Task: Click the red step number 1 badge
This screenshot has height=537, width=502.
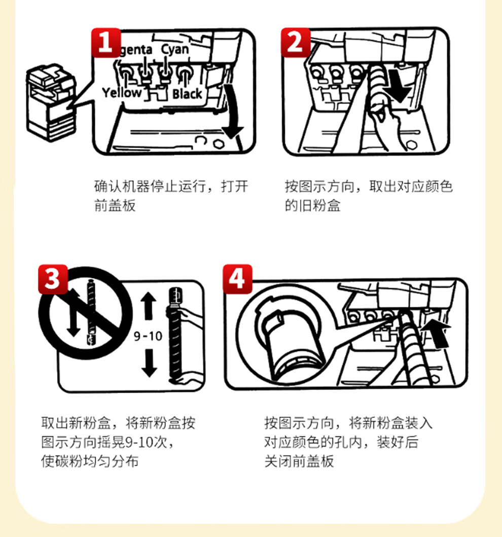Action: pyautogui.click(x=106, y=43)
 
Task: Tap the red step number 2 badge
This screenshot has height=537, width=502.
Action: pyautogui.click(x=296, y=43)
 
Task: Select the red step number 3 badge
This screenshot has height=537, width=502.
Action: pyautogui.click(x=53, y=279)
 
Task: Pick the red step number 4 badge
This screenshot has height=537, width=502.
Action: pyautogui.click(x=237, y=279)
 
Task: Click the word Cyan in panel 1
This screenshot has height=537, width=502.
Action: pyautogui.click(x=175, y=49)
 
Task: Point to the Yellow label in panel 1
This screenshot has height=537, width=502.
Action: pyautogui.click(x=122, y=92)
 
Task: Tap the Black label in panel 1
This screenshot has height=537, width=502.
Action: pyautogui.click(x=187, y=94)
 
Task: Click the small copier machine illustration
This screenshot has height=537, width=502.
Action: pyautogui.click(x=51, y=102)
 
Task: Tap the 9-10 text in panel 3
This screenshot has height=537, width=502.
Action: pyautogui.click(x=148, y=336)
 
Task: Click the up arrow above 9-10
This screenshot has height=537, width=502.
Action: pyautogui.click(x=148, y=306)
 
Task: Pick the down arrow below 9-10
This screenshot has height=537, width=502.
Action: pyautogui.click(x=149, y=363)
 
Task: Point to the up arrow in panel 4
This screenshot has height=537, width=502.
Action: pyautogui.click(x=437, y=334)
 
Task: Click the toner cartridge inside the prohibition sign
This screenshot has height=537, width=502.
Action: pyautogui.click(x=90, y=312)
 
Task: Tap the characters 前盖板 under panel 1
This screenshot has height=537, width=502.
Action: pyautogui.click(x=115, y=205)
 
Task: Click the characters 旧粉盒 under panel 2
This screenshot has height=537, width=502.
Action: pyautogui.click(x=319, y=205)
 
